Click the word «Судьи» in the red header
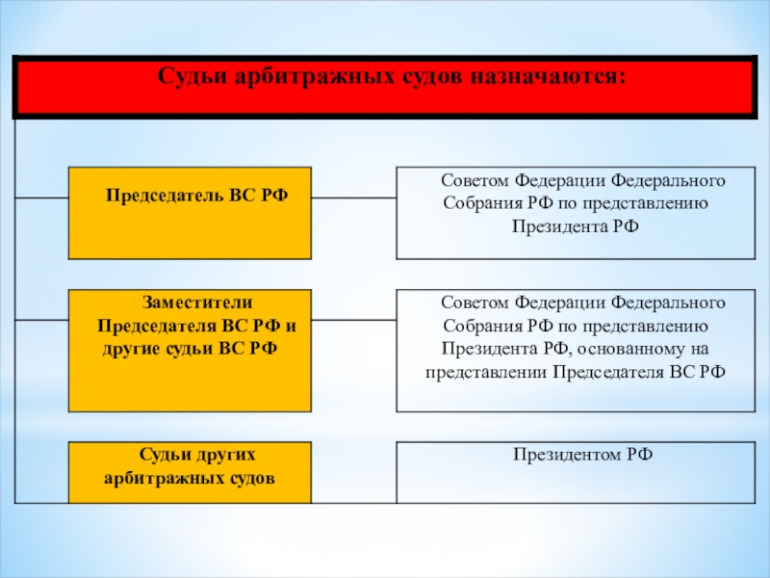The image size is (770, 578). click(192, 77)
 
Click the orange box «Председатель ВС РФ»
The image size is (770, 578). click(190, 213)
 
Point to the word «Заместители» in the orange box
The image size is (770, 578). click(197, 302)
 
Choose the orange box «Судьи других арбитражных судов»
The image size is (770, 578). click(190, 472)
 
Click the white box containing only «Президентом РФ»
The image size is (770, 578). click(576, 472)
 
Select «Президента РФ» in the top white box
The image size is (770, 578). click(576, 226)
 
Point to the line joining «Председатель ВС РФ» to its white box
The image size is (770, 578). click(353, 198)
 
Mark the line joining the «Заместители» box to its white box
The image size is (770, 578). click(353, 321)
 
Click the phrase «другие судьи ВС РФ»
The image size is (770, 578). click(190, 349)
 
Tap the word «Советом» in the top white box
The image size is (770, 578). click(475, 180)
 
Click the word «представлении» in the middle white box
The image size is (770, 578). click(486, 373)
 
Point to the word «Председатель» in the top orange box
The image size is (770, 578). click(165, 196)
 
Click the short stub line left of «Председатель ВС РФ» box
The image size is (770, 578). click(41, 198)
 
